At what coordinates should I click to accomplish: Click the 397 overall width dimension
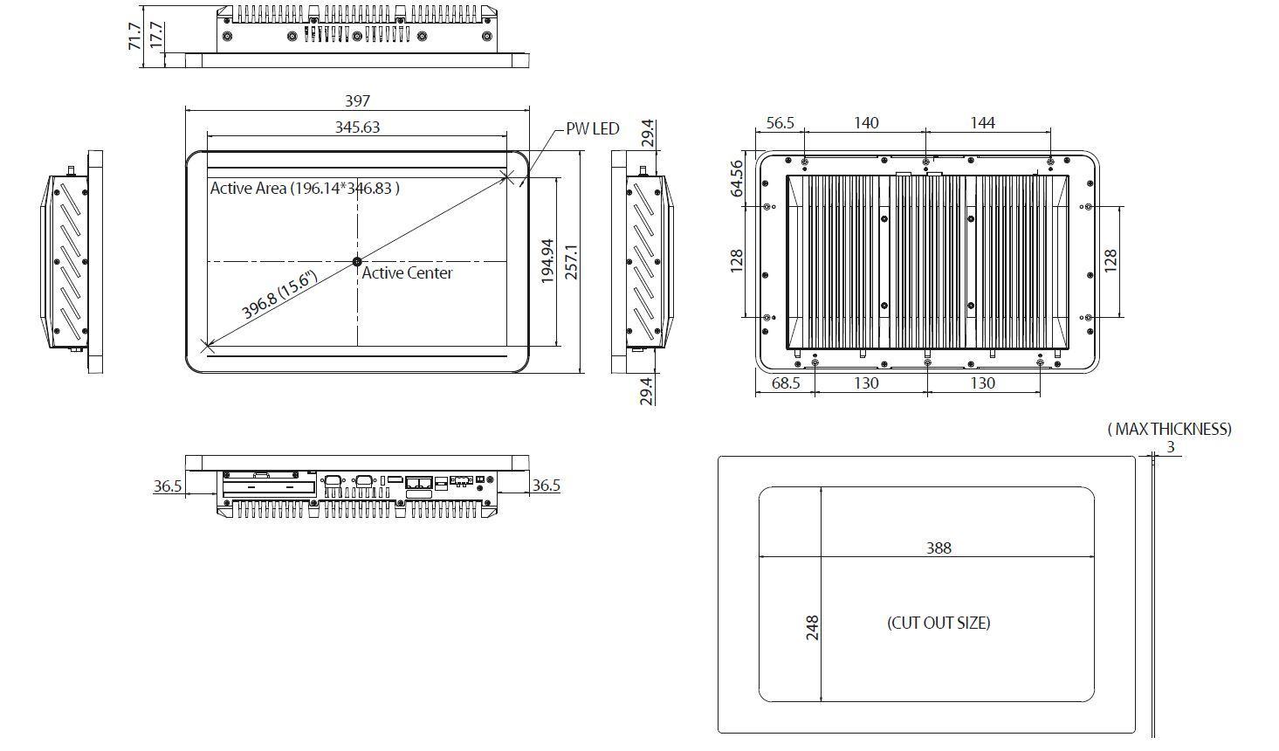point(357,101)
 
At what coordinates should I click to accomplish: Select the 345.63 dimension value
point(357,127)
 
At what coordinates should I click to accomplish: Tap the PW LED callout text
point(592,128)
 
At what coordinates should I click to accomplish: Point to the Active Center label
point(407,273)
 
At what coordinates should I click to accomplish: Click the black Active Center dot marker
point(357,261)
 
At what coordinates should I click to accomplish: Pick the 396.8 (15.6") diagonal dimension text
point(279,295)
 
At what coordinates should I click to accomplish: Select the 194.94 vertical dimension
point(547,261)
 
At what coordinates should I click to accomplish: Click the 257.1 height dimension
point(572,261)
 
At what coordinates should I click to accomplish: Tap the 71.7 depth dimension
point(134,36)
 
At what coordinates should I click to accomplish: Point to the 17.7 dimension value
point(156,36)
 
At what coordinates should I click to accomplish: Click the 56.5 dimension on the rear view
point(780,123)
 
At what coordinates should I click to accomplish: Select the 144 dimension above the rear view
point(982,123)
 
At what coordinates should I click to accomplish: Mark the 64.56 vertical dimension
point(737,178)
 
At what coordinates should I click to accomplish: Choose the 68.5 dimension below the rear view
point(785,383)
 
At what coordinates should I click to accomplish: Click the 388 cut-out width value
point(939,548)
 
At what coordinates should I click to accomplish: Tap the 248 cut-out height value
point(812,629)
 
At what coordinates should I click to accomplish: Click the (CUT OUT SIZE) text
point(939,624)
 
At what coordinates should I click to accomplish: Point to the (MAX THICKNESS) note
point(1169,429)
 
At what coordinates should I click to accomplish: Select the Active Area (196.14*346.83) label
point(305,188)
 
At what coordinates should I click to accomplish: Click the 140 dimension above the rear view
point(865,123)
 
